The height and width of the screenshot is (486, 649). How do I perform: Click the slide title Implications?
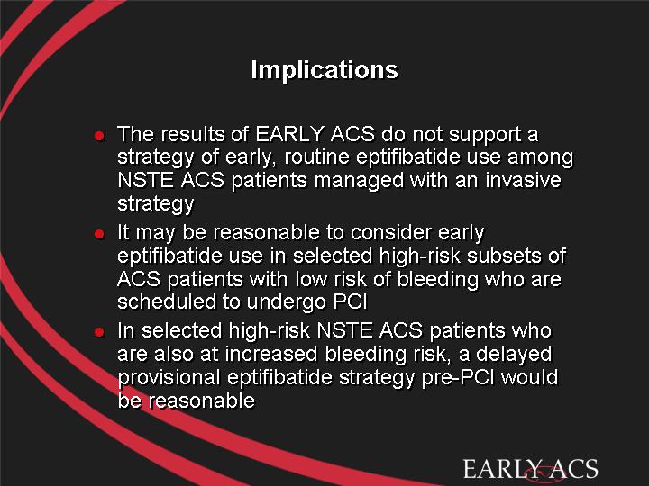[x=324, y=70]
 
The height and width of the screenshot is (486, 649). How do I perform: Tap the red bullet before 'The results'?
[x=99, y=136]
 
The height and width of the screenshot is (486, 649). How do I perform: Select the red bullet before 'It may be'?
[x=99, y=234]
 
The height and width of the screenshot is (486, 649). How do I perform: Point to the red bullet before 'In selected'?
[x=99, y=332]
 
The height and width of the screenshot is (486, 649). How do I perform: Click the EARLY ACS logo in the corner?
[x=531, y=470]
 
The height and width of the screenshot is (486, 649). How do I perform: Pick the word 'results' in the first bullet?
[x=193, y=134]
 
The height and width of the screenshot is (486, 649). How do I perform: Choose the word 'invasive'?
[x=524, y=181]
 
